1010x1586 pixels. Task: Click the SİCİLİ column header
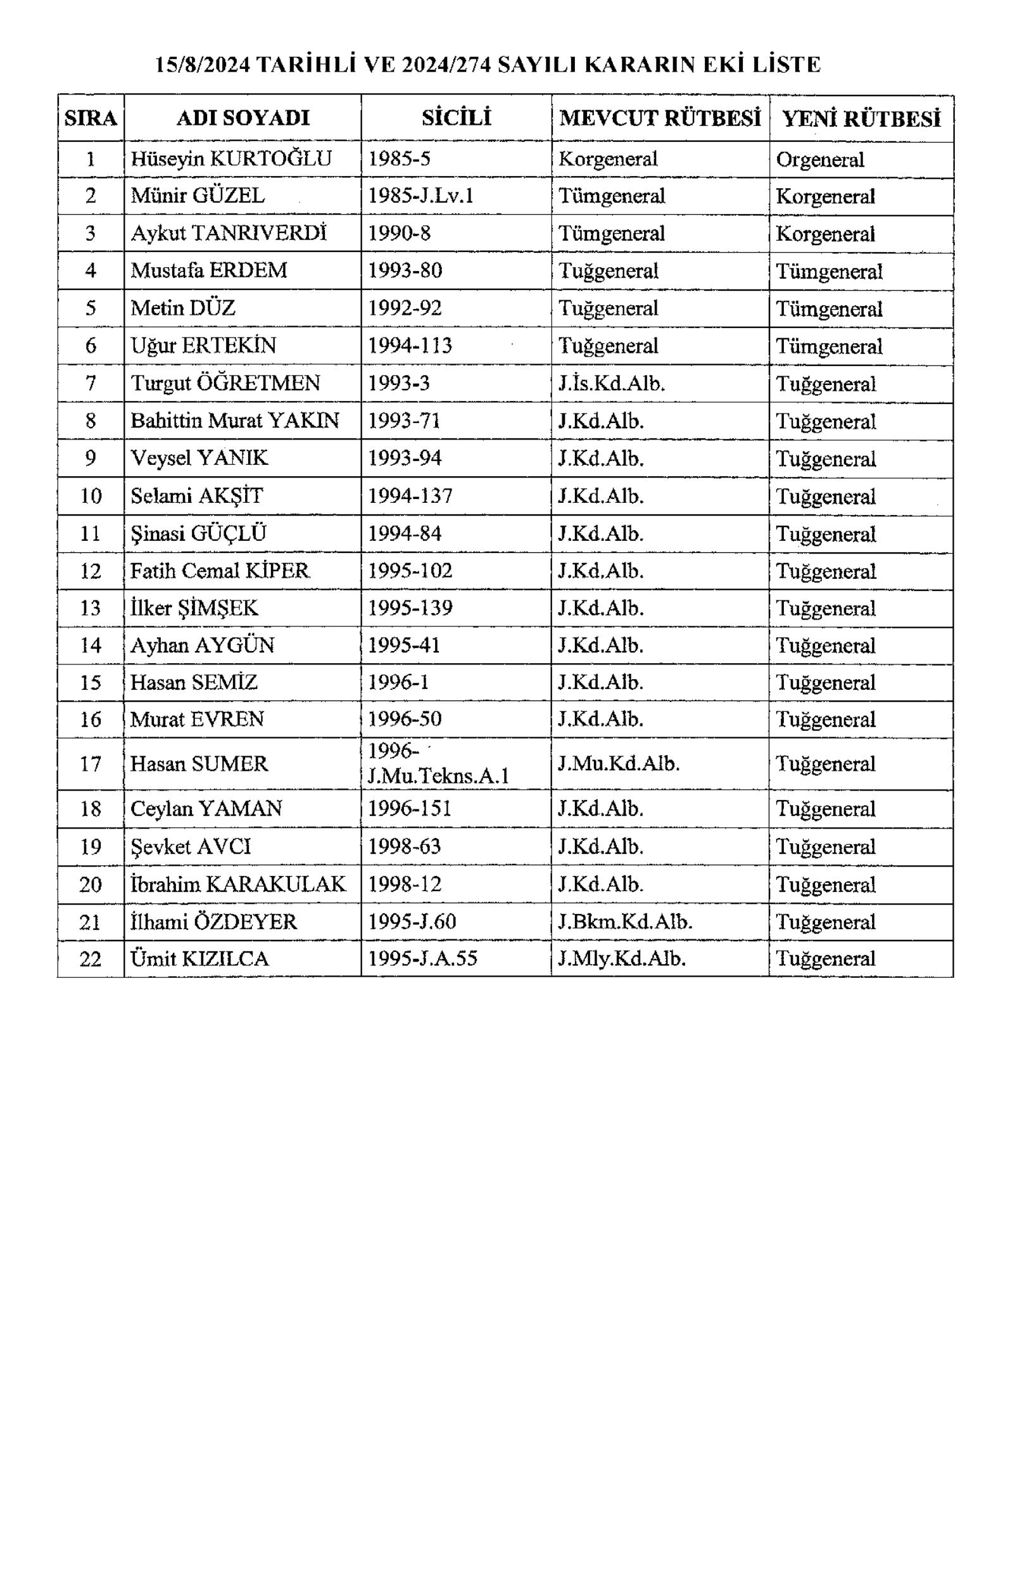pyautogui.click(x=457, y=118)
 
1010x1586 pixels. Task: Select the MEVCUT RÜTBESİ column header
pyautogui.click(x=660, y=118)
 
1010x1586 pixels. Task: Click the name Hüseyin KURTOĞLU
pyautogui.click(x=231, y=159)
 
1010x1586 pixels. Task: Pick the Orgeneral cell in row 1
pyautogui.click(x=820, y=160)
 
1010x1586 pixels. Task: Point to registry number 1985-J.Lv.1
pyautogui.click(x=420, y=196)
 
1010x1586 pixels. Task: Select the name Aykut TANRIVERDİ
pyautogui.click(x=229, y=233)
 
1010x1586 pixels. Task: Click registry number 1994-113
pyautogui.click(x=410, y=346)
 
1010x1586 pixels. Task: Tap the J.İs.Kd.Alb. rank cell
pyautogui.click(x=612, y=383)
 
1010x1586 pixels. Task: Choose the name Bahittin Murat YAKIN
pyautogui.click(x=235, y=420)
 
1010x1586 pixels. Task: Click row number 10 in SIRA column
pyautogui.click(x=90, y=495)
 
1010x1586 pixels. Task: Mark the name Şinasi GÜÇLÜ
pyautogui.click(x=198, y=533)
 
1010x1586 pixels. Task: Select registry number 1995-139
pyautogui.click(x=410, y=608)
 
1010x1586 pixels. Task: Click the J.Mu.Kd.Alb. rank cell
pyautogui.click(x=619, y=764)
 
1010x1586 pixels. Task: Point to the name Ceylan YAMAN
pyautogui.click(x=206, y=809)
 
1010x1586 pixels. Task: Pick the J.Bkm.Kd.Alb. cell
pyautogui.click(x=626, y=922)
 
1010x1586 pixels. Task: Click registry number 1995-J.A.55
pyautogui.click(x=422, y=959)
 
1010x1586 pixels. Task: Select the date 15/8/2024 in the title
pyautogui.click(x=203, y=65)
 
